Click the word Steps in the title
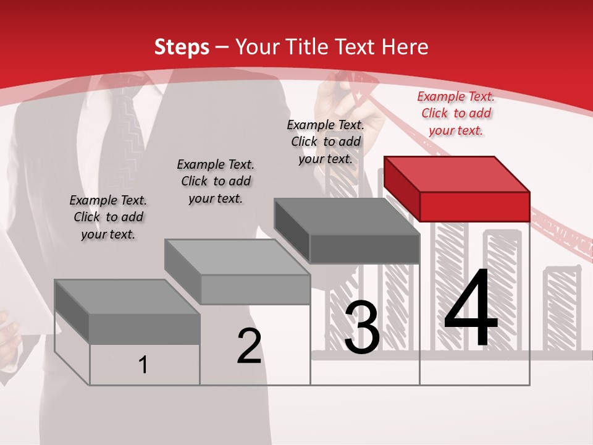click(x=182, y=47)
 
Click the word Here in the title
click(x=405, y=47)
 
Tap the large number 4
click(x=471, y=309)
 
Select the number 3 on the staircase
click(x=361, y=328)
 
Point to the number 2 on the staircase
click(x=249, y=346)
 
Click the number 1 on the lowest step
click(x=143, y=365)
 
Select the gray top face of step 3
click(x=347, y=216)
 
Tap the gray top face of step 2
click(x=237, y=257)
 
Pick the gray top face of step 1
click(x=127, y=297)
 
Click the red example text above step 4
click(x=456, y=113)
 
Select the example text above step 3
click(x=326, y=142)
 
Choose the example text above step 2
click(x=216, y=181)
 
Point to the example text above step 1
click(x=108, y=217)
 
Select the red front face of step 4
click(x=474, y=206)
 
